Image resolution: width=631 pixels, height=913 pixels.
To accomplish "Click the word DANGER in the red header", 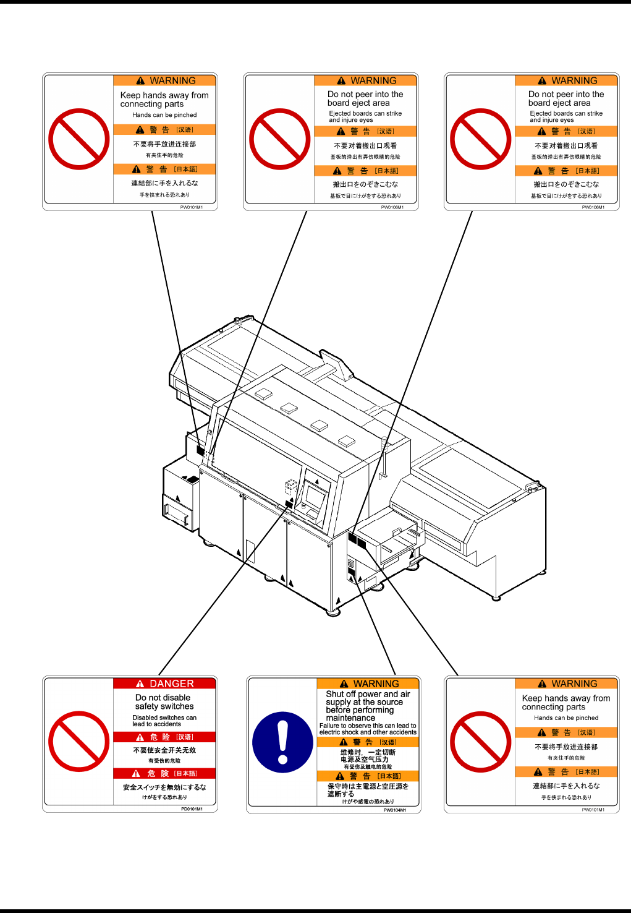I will (x=172, y=684).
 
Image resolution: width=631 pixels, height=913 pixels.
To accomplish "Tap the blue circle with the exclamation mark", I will (x=282, y=742).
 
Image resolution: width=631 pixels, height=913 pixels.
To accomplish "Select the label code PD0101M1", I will (x=192, y=808).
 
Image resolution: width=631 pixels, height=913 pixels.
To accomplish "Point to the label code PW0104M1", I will (x=394, y=810).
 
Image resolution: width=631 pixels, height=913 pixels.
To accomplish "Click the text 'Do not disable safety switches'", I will (x=164, y=702).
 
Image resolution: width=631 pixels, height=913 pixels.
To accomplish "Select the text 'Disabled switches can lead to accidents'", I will (x=164, y=721).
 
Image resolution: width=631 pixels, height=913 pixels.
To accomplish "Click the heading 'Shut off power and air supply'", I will (x=368, y=698).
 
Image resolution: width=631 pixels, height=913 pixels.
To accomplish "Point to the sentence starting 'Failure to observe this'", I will (x=368, y=729).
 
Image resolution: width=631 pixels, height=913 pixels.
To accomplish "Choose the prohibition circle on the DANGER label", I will (x=78, y=741).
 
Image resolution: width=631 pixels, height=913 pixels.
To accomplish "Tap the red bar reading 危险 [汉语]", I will (x=164, y=737).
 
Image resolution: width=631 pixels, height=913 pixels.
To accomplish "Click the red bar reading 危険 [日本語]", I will (x=164, y=773).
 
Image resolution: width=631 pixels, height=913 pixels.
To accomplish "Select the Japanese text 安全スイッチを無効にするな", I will (x=164, y=787).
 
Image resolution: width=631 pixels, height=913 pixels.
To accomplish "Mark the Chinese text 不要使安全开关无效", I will (x=164, y=750).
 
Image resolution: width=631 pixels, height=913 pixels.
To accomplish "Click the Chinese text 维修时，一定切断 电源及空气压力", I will (x=368, y=756).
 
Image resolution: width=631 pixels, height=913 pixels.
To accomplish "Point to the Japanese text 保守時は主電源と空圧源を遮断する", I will (x=368, y=790).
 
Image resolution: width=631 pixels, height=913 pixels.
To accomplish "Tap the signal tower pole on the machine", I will (x=384, y=458).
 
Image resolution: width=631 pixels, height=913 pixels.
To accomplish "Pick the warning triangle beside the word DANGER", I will (x=140, y=684).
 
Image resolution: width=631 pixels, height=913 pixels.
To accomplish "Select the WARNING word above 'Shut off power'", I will (x=376, y=684).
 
